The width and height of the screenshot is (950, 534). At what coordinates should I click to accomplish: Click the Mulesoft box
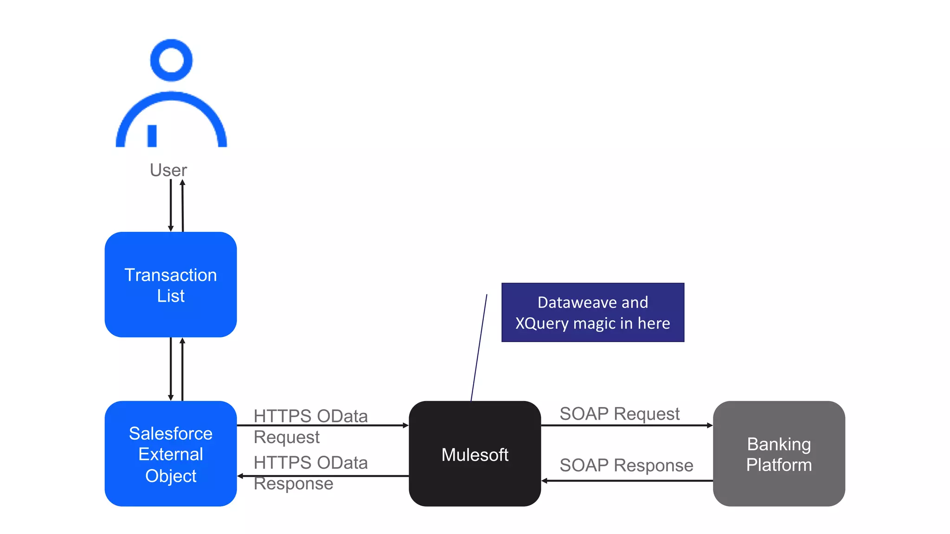(475, 454)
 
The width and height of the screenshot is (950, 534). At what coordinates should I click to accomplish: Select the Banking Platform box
(779, 454)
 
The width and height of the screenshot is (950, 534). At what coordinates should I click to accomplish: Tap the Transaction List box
(171, 285)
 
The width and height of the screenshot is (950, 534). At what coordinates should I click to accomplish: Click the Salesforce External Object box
(171, 454)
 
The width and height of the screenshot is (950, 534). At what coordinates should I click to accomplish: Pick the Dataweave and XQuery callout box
(592, 312)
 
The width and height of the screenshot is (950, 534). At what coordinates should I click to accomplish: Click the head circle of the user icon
(171, 60)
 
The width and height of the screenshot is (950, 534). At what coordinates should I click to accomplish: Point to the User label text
(168, 170)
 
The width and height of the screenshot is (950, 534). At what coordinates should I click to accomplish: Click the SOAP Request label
(619, 413)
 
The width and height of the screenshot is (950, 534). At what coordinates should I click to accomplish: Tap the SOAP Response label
(626, 465)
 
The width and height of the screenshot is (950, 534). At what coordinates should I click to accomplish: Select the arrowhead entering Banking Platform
(710, 425)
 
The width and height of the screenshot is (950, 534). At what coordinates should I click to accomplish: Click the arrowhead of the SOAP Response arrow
(545, 481)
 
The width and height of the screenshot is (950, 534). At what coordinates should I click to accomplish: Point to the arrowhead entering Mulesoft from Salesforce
(405, 425)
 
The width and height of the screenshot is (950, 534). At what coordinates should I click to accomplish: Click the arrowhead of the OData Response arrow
(240, 476)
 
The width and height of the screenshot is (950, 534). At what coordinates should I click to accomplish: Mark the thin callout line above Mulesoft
(479, 348)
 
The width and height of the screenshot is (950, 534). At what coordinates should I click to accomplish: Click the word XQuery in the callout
(541, 323)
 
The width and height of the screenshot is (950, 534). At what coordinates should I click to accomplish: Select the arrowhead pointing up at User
(182, 183)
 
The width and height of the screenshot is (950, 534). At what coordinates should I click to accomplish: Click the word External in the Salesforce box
(171, 454)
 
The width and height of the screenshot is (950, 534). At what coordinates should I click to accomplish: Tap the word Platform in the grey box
(779, 465)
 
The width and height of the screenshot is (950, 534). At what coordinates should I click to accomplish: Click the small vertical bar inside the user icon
(152, 135)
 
